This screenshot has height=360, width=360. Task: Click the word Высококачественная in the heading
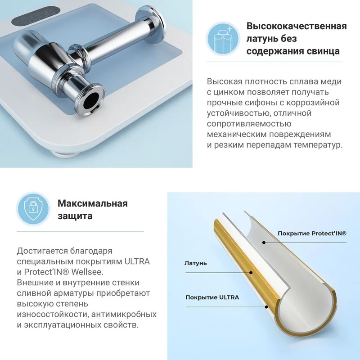click(297, 26)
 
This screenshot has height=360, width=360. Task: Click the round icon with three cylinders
click(223, 38)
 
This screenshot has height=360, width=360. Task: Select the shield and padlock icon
click(33, 209)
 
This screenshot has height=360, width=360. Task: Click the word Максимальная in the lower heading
click(93, 203)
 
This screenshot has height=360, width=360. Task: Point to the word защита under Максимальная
click(75, 216)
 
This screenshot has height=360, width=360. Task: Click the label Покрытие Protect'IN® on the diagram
click(312, 234)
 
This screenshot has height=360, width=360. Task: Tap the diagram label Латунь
click(196, 263)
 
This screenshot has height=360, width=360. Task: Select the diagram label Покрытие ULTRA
click(212, 297)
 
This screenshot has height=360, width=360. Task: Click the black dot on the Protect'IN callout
click(264, 243)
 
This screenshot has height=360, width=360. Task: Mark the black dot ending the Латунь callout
click(251, 273)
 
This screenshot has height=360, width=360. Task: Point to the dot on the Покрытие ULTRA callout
click(266, 307)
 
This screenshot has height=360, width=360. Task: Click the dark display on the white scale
click(36, 16)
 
